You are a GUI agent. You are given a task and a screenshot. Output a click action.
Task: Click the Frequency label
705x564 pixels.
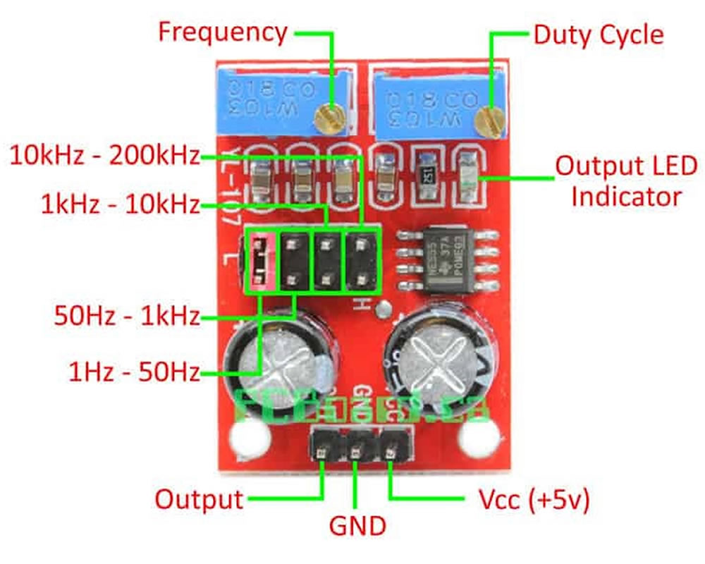(222, 32)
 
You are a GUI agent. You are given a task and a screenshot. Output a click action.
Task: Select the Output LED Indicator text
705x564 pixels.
(626, 180)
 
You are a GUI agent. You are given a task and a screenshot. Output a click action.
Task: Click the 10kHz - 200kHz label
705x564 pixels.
(104, 156)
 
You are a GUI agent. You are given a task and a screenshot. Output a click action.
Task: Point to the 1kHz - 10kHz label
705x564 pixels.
(120, 205)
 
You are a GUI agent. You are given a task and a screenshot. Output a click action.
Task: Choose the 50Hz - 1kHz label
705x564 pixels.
(127, 315)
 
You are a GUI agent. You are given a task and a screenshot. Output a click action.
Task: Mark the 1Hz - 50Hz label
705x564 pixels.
(134, 371)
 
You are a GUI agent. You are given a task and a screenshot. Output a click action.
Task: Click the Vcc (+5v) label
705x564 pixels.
(534, 500)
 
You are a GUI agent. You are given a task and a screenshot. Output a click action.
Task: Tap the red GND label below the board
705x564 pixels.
(357, 526)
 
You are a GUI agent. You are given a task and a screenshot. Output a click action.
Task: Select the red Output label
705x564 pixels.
(199, 500)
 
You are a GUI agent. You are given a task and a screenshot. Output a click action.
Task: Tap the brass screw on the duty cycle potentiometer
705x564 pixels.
(487, 120)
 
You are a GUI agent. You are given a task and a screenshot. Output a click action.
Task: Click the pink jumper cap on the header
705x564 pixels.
(260, 262)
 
